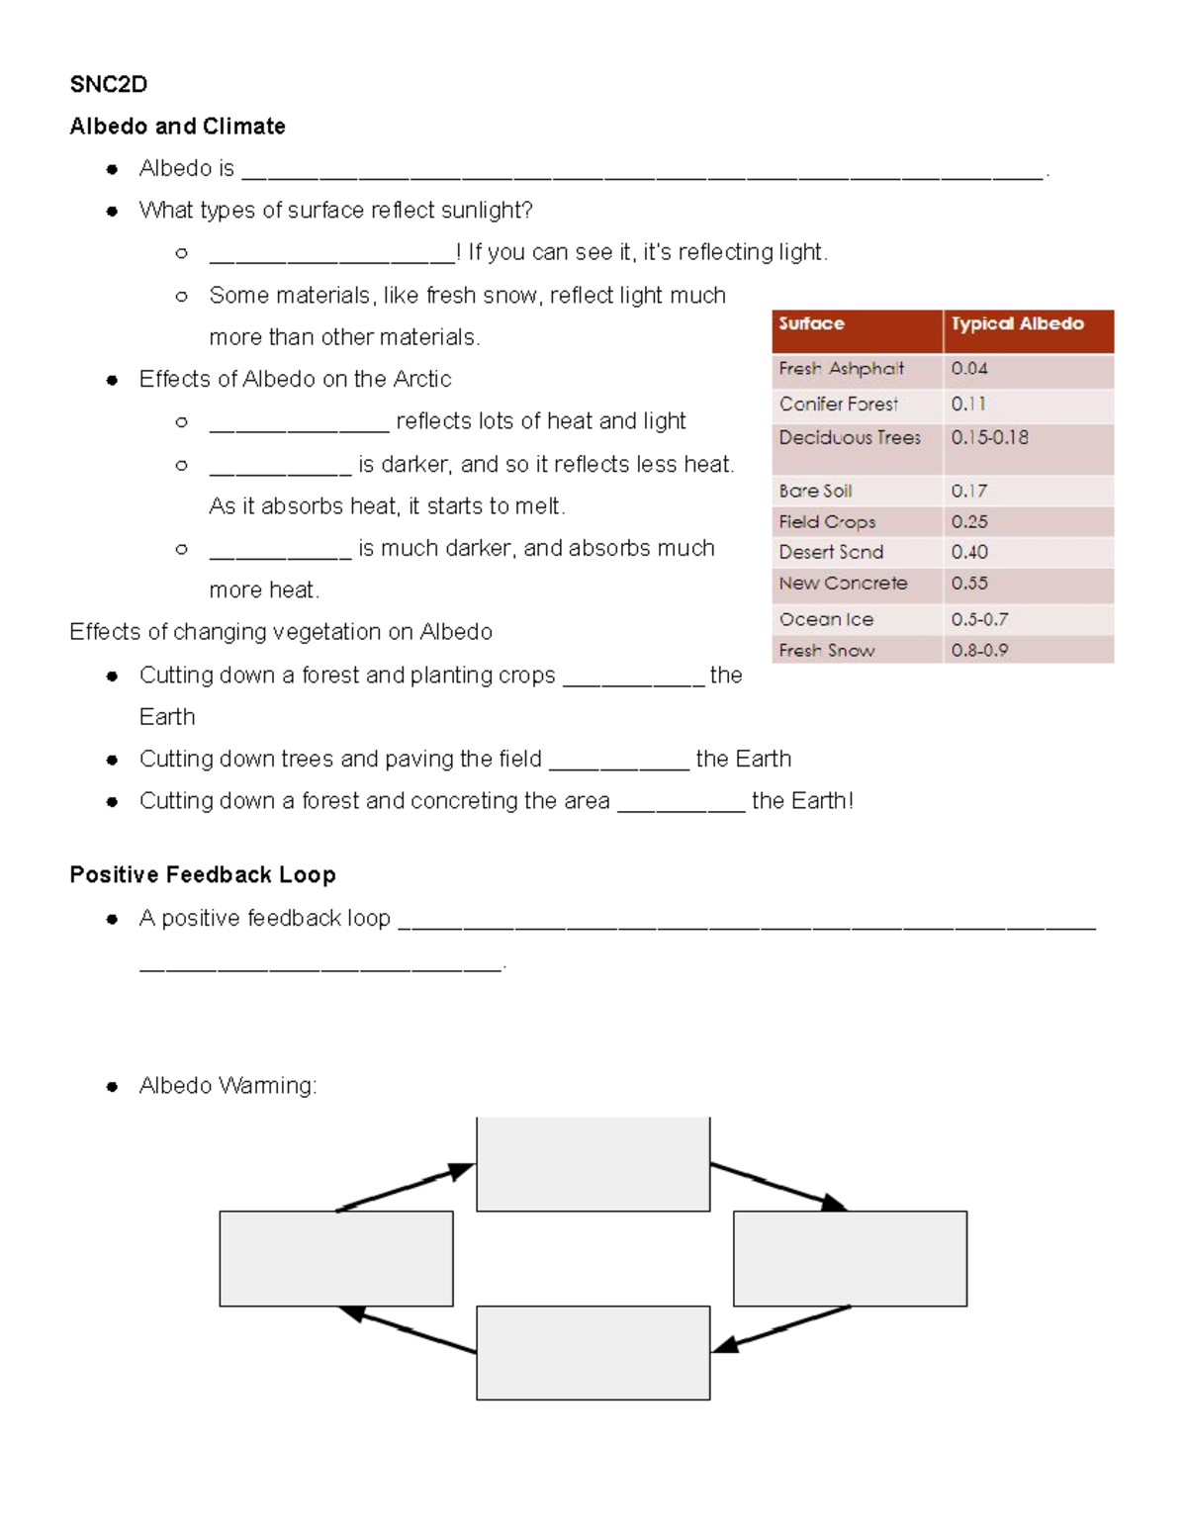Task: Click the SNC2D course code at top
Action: (x=108, y=85)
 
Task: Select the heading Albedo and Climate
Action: (x=177, y=127)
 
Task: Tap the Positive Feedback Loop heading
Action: (x=203, y=875)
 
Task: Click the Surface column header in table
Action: (x=811, y=324)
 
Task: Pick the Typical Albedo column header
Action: (x=1017, y=324)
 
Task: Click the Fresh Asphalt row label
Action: (x=841, y=369)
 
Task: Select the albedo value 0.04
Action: (x=969, y=369)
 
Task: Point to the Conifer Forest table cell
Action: (x=838, y=404)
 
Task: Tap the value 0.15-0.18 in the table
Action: (x=989, y=437)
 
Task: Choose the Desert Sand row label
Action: (x=831, y=552)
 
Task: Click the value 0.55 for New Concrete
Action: (x=969, y=584)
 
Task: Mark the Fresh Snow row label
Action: (x=826, y=651)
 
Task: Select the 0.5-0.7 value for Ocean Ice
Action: (x=979, y=620)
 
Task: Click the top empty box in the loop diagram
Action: (x=593, y=1163)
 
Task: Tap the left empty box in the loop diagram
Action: (x=335, y=1258)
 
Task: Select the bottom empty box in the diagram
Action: (x=593, y=1352)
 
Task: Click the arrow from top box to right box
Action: (x=778, y=1187)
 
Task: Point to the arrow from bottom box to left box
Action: (x=408, y=1330)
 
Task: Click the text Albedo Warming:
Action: (x=228, y=1086)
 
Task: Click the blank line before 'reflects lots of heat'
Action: (x=299, y=423)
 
